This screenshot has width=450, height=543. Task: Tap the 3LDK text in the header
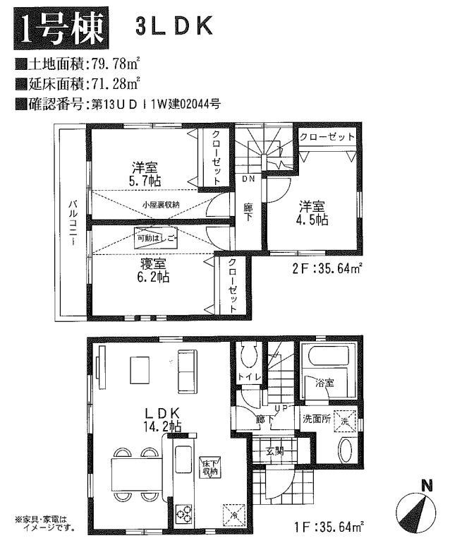click(172, 28)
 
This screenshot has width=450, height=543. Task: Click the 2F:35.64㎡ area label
click(327, 267)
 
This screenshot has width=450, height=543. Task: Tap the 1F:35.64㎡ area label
click(329, 525)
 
